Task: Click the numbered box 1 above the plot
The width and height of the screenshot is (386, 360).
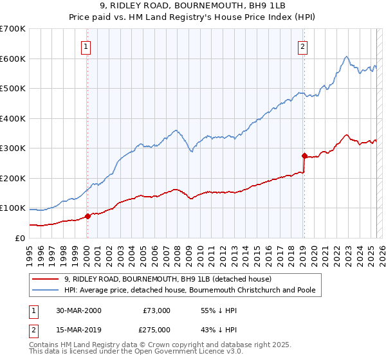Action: pyautogui.click(x=86, y=46)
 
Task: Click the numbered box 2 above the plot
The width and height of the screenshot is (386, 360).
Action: pyautogui.click(x=302, y=46)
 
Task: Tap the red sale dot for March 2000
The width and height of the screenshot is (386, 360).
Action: pyautogui.click(x=88, y=216)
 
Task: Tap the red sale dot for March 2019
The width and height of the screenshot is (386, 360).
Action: pyautogui.click(x=304, y=156)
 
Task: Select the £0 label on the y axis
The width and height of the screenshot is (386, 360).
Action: pyautogui.click(x=21, y=238)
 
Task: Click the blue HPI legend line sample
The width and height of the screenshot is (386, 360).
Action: pyautogui.click(x=46, y=290)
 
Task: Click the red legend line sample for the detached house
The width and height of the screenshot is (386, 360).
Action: pyautogui.click(x=46, y=279)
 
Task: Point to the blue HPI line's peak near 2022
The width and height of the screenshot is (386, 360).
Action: pyautogui.click(x=346, y=57)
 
